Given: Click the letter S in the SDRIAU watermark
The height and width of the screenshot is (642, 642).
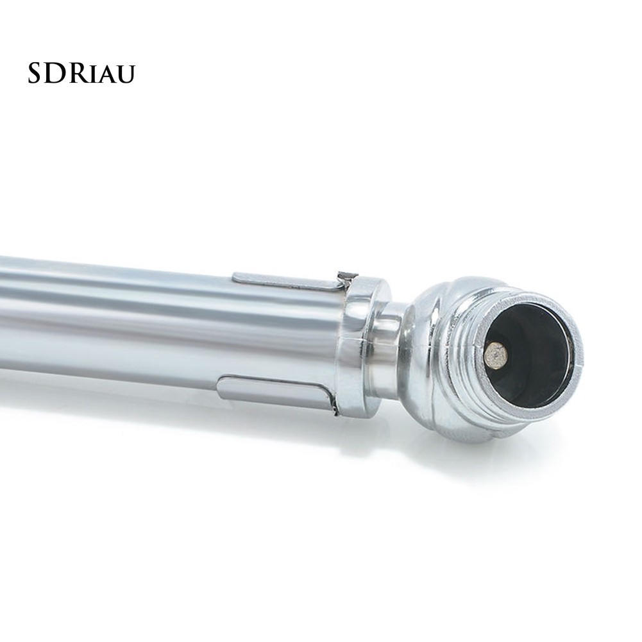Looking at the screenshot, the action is click(x=35, y=74).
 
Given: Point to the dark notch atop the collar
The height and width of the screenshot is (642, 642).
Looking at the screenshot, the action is click(x=347, y=276).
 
